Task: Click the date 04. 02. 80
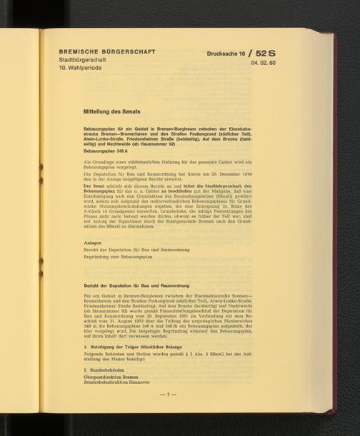[264, 64]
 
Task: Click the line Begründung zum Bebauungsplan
[120, 259]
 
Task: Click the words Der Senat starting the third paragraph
[96, 185]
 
